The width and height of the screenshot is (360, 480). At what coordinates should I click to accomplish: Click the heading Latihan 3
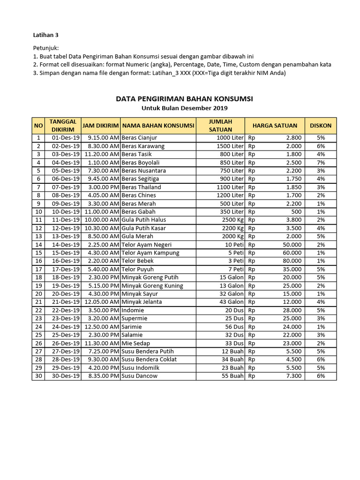[45, 35]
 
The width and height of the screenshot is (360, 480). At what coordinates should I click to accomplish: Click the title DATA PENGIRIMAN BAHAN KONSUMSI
[184, 99]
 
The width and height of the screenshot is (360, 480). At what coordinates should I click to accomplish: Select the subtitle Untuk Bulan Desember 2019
[184, 108]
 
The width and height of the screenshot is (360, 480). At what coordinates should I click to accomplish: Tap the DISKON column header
[321, 126]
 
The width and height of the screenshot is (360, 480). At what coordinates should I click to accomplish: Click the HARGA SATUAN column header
[275, 126]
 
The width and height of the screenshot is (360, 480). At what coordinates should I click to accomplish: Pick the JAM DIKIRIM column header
[101, 126]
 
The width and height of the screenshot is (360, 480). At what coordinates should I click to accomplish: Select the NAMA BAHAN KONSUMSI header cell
[158, 126]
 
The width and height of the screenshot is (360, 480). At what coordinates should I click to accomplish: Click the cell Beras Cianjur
[139, 138]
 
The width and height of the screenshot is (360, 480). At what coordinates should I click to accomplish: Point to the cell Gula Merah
[137, 236]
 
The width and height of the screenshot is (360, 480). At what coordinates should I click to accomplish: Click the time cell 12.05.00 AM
[101, 302]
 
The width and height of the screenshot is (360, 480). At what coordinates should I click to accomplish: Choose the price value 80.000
[292, 261]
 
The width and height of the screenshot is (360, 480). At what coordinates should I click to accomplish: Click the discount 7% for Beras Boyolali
[321, 163]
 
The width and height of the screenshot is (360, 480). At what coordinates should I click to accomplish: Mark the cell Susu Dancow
[139, 376]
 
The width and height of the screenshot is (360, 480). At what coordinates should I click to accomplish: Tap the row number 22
[38, 310]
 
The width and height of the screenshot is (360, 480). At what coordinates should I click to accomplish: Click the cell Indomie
[133, 310]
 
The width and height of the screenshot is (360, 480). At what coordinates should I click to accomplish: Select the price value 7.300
[294, 376]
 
